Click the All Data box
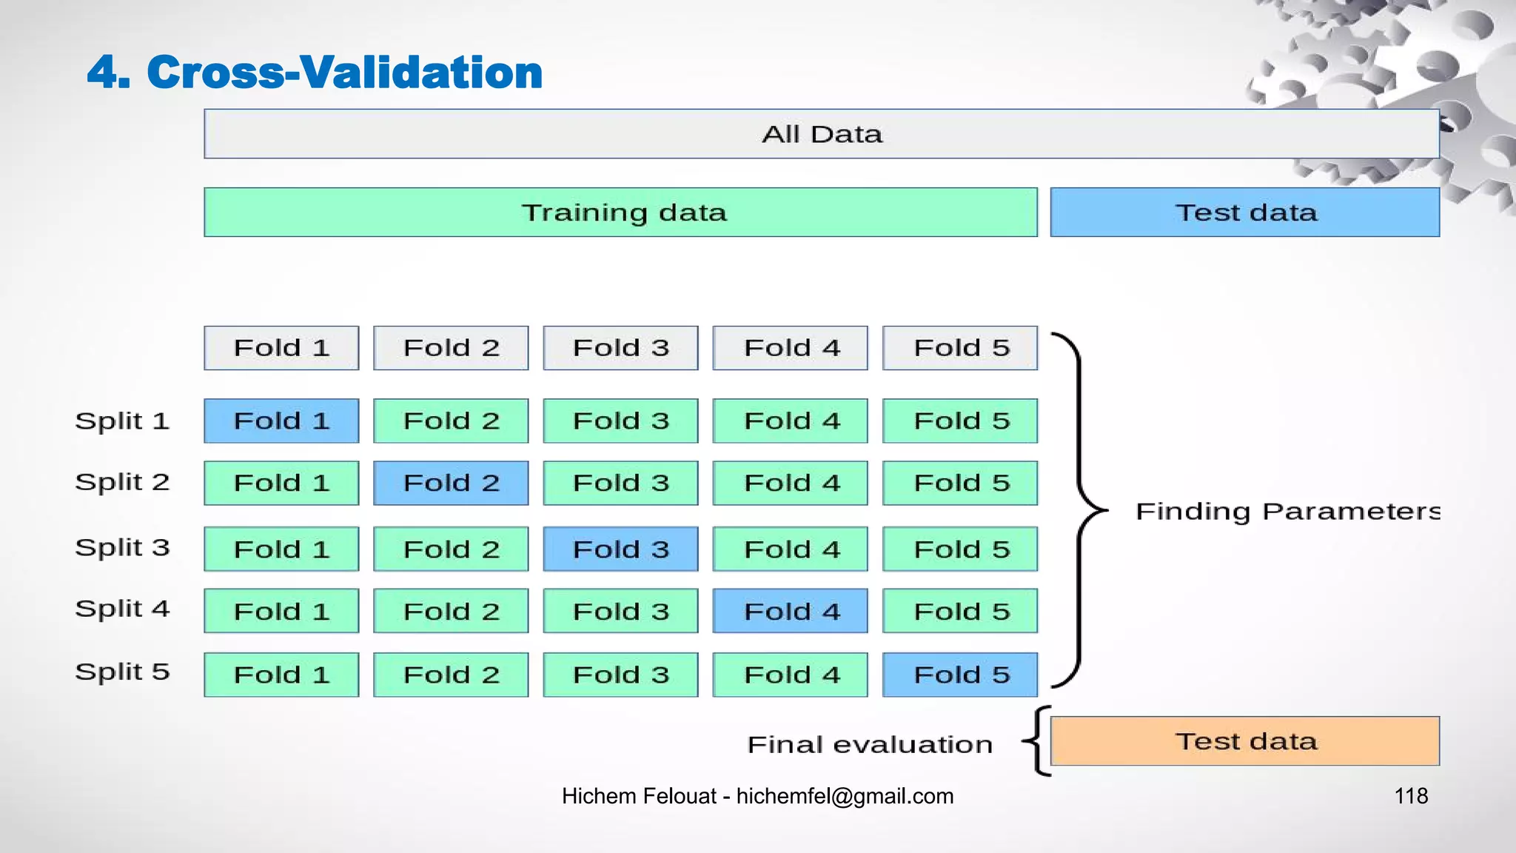point(822,134)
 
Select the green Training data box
point(620,213)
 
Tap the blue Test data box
point(1245,213)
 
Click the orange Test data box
point(1245,741)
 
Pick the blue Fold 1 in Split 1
point(281,421)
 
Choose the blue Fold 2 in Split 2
point(451,483)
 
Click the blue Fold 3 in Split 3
point(620,549)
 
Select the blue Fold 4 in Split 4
point(791,611)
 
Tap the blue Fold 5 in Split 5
point(960,675)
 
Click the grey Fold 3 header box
point(620,348)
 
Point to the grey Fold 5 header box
point(960,348)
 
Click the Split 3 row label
point(122,548)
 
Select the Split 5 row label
point(122,672)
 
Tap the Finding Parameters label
point(1287,512)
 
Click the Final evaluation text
point(870,744)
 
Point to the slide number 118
point(1411,796)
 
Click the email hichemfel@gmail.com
point(845,796)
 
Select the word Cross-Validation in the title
point(344,73)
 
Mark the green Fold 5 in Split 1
point(960,421)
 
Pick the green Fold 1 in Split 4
point(281,611)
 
